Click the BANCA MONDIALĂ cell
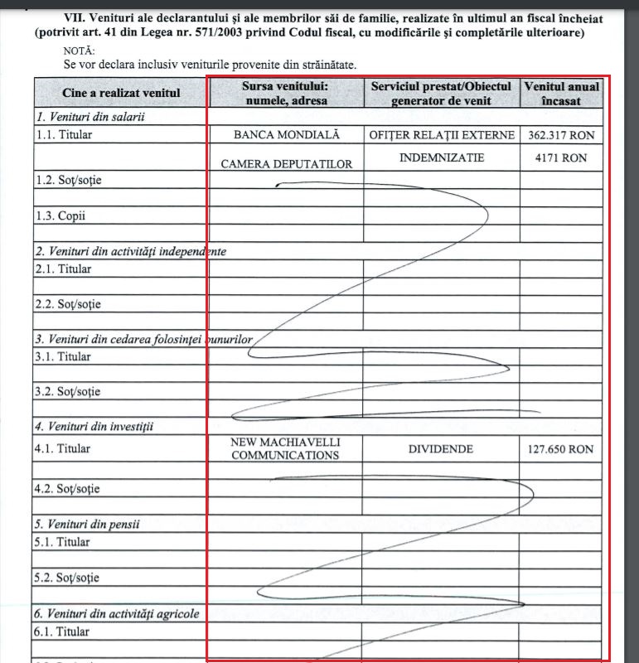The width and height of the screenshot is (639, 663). (286, 135)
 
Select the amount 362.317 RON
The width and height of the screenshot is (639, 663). (561, 135)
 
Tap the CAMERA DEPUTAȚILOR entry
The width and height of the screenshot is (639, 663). (286, 164)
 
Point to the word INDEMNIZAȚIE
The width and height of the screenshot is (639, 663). (442, 157)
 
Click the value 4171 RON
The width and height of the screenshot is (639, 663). (561, 157)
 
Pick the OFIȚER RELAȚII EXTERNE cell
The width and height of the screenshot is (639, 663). (442, 135)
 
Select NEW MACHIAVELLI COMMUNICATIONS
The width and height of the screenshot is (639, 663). (286, 448)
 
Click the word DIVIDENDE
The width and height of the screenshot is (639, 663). (441, 449)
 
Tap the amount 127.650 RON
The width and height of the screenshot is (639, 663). (561, 450)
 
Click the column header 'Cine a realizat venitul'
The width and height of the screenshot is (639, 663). (121, 93)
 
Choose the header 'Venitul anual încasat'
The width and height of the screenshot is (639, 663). (561, 93)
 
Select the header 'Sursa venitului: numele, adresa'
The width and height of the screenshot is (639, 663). (286, 93)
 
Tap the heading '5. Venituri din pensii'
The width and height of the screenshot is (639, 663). (87, 524)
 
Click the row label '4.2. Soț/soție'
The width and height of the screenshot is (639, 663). (67, 489)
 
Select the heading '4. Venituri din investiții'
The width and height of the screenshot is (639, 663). (94, 427)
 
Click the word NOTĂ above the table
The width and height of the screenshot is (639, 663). (80, 50)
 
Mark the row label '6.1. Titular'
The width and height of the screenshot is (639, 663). (63, 632)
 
